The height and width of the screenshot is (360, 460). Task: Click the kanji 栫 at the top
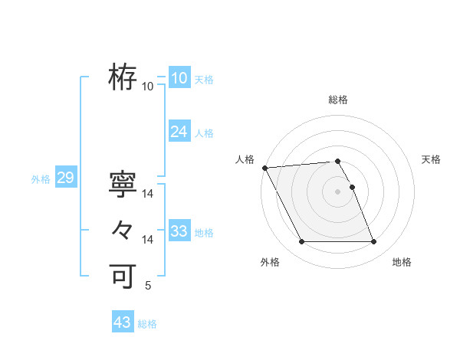[123, 77]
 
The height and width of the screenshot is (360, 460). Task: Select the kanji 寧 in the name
[123, 185]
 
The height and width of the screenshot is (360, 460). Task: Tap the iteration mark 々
[123, 230]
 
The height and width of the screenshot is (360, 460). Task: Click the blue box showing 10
[179, 78]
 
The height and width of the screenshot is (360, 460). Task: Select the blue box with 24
[179, 132]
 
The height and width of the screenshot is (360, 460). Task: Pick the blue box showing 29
[65, 178]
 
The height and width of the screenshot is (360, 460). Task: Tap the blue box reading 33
[179, 231]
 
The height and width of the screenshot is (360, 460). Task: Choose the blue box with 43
[122, 322]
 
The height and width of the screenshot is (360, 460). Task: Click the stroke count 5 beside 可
[148, 286]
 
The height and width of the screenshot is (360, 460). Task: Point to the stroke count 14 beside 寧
[148, 195]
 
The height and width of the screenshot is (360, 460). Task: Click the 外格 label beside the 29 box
[41, 179]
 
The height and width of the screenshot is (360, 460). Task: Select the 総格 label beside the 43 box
[147, 324]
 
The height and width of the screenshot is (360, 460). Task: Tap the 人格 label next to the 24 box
[204, 133]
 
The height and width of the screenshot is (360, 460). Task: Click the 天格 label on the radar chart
[431, 159]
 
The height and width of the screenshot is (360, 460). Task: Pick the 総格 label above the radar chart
[338, 100]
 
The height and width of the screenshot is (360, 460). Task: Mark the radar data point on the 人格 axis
[264, 168]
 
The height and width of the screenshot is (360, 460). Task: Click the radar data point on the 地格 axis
[373, 242]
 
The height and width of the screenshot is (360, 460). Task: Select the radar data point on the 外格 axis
[301, 242]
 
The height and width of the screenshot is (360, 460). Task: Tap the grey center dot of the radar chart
[338, 191]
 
